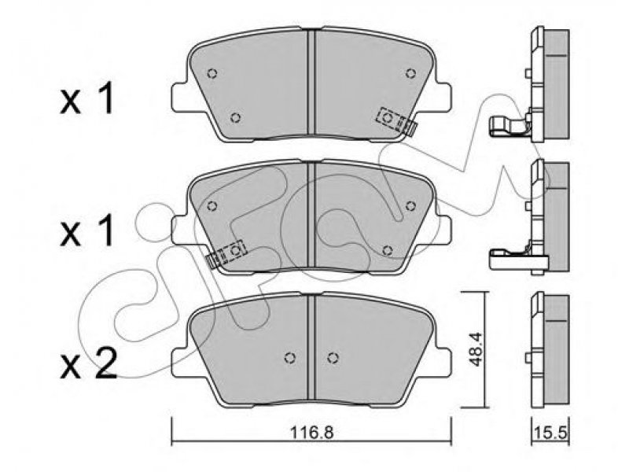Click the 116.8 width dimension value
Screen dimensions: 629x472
pos(311,432)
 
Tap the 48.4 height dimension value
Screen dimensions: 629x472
pos(476,349)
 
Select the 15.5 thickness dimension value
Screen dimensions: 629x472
pos(551,433)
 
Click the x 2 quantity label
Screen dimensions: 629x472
pos(89,364)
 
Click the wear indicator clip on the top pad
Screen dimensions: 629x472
pos(396,121)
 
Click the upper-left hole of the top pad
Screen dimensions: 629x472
pos(212,73)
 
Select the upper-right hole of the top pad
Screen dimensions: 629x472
pos(410,73)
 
